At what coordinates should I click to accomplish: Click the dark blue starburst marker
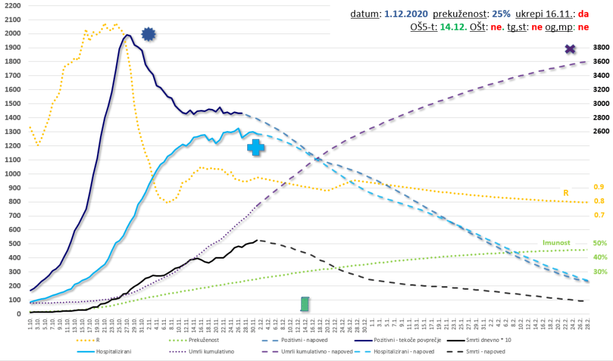(x=148, y=35)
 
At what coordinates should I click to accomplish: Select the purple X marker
(x=570, y=49)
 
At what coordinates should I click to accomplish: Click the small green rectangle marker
(x=305, y=304)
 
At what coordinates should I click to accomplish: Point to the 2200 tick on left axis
(x=13, y=5)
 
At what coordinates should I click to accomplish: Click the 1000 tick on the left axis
(x=13, y=174)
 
